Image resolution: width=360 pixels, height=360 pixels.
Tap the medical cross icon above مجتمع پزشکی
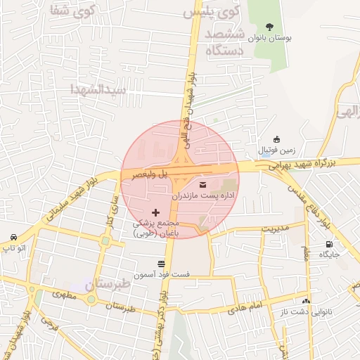[155, 212]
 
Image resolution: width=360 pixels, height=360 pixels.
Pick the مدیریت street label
[275, 228]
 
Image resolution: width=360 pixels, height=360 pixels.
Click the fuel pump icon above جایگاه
[329, 244]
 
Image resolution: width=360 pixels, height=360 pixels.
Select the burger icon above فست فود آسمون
[162, 264]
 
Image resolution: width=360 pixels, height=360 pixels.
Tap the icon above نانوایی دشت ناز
[305, 301]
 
